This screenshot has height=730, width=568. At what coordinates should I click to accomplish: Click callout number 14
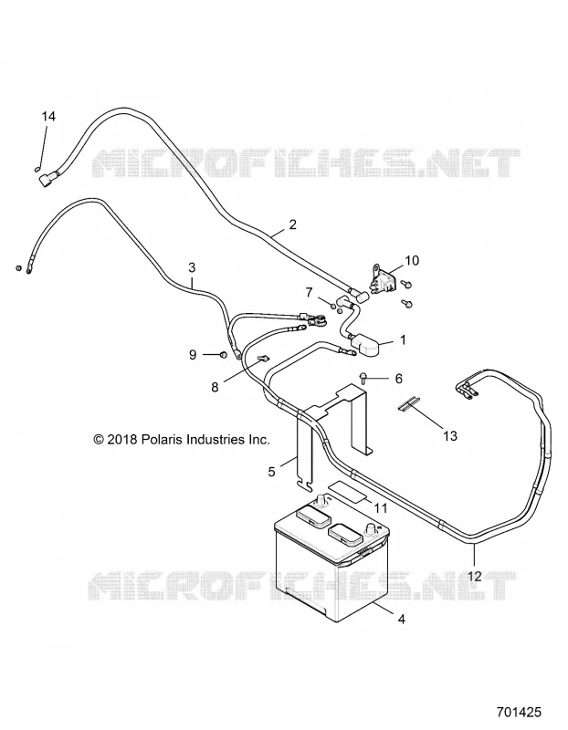click(48, 117)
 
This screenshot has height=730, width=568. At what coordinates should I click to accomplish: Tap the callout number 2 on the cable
click(292, 224)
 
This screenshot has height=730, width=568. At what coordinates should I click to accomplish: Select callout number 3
click(192, 267)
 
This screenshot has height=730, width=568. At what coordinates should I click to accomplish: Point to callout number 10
click(413, 260)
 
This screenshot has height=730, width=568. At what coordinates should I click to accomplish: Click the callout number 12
click(475, 577)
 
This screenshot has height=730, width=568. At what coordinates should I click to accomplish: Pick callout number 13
click(450, 436)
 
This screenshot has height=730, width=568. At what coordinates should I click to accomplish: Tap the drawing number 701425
click(519, 712)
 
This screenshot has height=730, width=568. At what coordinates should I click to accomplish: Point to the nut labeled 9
click(222, 355)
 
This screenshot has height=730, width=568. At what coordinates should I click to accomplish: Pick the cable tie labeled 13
click(408, 403)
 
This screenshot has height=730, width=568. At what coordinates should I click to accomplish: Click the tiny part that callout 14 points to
click(37, 169)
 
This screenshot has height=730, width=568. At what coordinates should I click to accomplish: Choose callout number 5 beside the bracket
click(271, 472)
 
